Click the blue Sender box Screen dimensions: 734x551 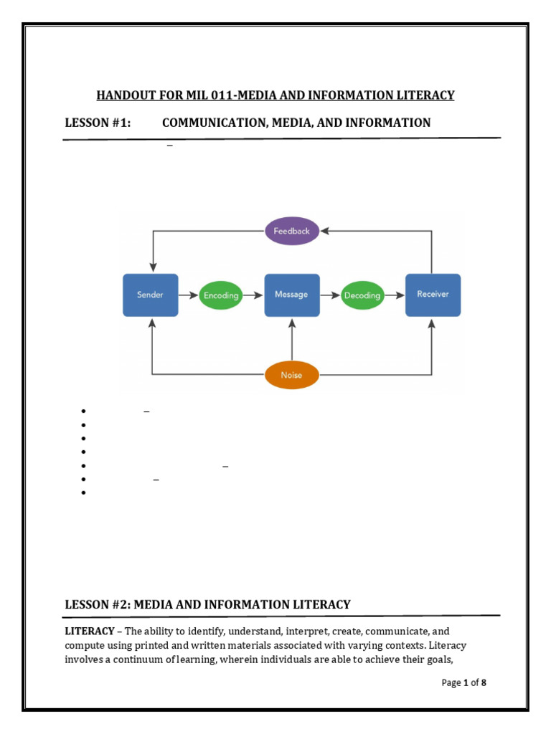tap(151, 295)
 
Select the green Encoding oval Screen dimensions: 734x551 tap(221, 295)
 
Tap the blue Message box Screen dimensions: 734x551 tap(292, 295)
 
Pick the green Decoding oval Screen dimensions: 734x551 tap(362, 295)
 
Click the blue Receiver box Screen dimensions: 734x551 tap(433, 295)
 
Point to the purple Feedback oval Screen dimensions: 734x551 tap(292, 231)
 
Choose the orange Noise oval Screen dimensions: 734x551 tap(292, 374)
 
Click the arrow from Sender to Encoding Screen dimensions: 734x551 tap(188, 295)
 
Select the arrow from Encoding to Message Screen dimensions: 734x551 tap(254, 295)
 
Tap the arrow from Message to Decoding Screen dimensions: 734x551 tap(329, 295)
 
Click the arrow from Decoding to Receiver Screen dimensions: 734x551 tap(395, 295)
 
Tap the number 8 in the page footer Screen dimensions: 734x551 tap(484, 682)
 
